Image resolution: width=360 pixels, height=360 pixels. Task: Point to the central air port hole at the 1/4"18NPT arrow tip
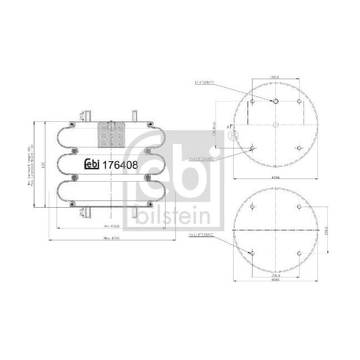point(275,101)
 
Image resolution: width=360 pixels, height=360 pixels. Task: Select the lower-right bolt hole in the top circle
point(299,148)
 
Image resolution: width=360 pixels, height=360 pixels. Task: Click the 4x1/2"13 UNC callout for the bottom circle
point(201,235)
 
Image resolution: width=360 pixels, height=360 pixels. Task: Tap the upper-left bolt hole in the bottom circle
point(253,207)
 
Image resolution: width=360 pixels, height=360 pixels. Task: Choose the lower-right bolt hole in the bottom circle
point(299,253)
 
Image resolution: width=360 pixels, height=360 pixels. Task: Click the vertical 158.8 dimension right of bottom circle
point(326,229)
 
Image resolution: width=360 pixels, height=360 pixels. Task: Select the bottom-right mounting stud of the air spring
point(134,212)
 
